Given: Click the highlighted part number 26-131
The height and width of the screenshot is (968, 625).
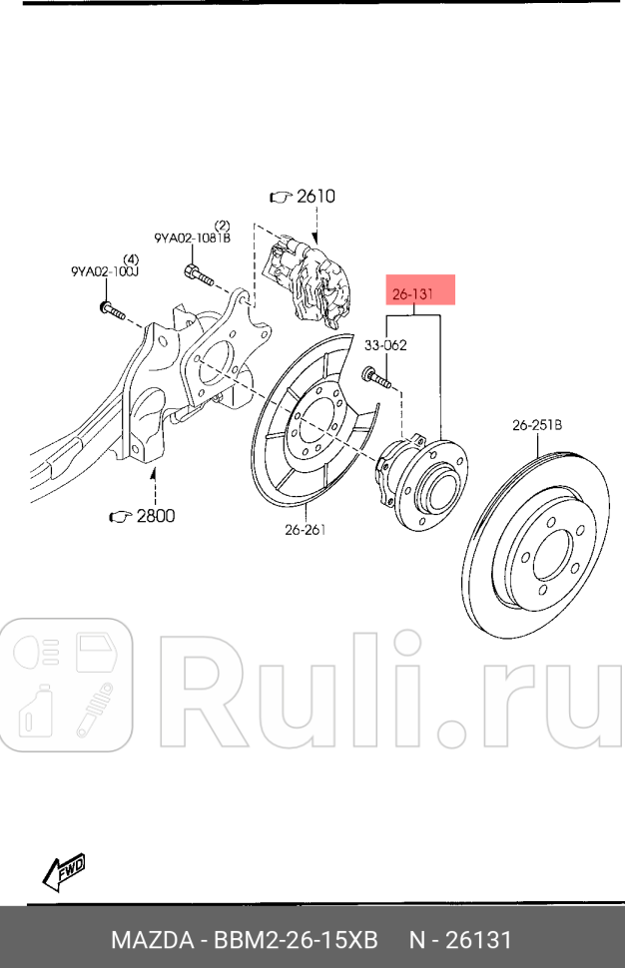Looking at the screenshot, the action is coord(412,293).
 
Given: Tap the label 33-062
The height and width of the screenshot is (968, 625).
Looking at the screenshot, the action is coord(385,345).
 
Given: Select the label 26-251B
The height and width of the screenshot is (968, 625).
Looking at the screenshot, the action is coord(537,425).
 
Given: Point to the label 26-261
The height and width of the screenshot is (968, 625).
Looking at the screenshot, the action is coord(306,529).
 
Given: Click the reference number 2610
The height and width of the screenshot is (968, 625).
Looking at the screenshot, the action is coord(315,196).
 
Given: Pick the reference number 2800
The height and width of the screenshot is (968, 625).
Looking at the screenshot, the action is coord(156,516).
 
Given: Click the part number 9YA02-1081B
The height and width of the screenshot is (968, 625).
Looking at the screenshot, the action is coord(192,238).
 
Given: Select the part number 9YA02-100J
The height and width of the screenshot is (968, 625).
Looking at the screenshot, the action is coord(105,271).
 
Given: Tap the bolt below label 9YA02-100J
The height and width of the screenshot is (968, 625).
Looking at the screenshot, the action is coord(113,310).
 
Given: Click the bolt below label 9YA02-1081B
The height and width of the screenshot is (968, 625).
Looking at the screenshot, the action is coord(199,275).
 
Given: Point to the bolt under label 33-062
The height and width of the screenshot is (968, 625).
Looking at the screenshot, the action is coord(376,377).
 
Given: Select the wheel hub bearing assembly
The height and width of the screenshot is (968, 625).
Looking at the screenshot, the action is coord(420,482).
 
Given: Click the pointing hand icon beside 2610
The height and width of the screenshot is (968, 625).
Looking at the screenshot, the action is coord(281,197).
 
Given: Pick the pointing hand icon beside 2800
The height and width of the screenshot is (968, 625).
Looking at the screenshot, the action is coord(121,516).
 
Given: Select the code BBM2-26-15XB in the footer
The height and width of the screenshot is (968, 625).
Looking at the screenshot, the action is coord(296,940).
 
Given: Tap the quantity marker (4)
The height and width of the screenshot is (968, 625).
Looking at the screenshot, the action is coord(131,258).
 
